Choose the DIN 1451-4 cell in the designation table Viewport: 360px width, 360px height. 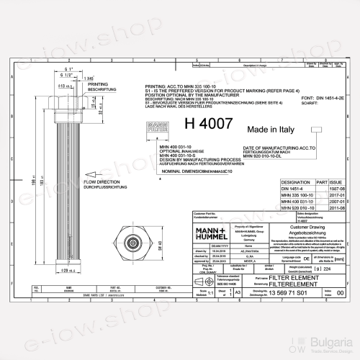coord(274,189)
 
